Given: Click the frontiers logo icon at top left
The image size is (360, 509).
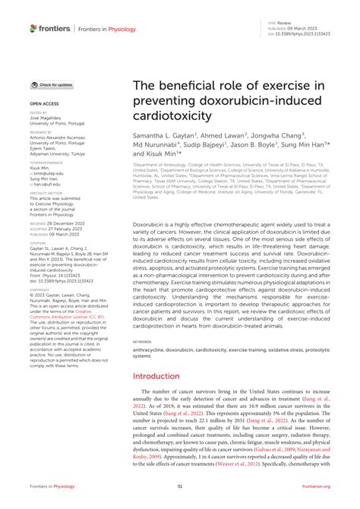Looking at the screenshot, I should [x=33, y=28].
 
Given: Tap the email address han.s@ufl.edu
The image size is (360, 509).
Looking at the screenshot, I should [x=46, y=184].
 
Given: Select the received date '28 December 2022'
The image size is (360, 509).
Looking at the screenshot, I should [x=67, y=224].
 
